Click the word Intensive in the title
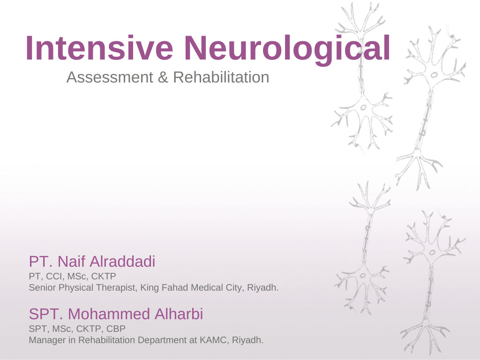pyautogui.click(x=99, y=48)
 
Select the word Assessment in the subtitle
pyautogui.click(x=110, y=77)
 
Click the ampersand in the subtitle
pyautogui.click(x=163, y=77)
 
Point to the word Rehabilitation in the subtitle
pyautogui.click(x=221, y=77)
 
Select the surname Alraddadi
pyautogui.click(x=122, y=262)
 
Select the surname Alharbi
pyautogui.click(x=179, y=314)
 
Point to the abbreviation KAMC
pyautogui.click(x=215, y=340)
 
